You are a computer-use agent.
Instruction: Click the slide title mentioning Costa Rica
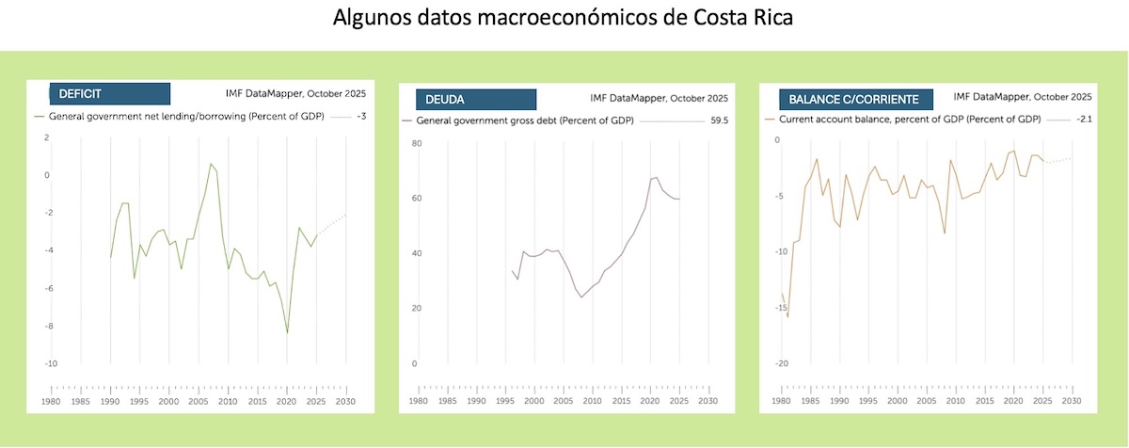coord(564,19)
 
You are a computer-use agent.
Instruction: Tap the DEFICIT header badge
coord(110,93)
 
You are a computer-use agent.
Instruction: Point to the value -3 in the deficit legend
coord(361,116)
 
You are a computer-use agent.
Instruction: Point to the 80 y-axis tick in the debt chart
coord(415,143)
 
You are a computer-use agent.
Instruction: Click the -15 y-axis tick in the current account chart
coord(776,308)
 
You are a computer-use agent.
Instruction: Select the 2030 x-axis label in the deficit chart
coord(347,402)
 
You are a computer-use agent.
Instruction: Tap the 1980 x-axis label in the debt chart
coord(416,402)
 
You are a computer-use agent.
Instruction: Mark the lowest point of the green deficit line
coord(287,333)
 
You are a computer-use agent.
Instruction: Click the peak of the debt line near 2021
coord(655,177)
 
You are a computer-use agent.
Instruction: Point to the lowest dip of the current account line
coord(787,317)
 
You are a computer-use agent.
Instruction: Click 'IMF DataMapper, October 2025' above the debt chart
coord(659,98)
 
